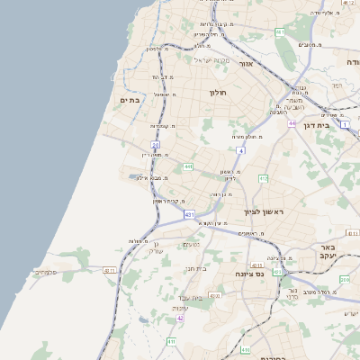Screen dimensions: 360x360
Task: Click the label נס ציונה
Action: (250, 273)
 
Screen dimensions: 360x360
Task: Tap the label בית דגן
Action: (337, 125)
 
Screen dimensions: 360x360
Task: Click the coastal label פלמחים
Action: (47, 272)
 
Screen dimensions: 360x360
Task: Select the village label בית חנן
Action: (197, 267)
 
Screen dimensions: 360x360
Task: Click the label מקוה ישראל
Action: (212, 60)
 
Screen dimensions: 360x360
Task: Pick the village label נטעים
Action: (192, 245)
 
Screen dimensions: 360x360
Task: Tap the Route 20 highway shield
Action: (156, 144)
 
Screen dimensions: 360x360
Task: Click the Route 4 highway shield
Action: (241, 150)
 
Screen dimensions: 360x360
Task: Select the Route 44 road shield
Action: (292, 123)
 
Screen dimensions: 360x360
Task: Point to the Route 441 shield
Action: (188, 166)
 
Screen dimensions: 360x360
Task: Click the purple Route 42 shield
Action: (180, 318)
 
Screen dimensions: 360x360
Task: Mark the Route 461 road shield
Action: (280, 32)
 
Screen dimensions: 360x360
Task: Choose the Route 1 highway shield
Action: (344, 125)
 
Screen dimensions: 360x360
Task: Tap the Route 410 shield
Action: (246, 347)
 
